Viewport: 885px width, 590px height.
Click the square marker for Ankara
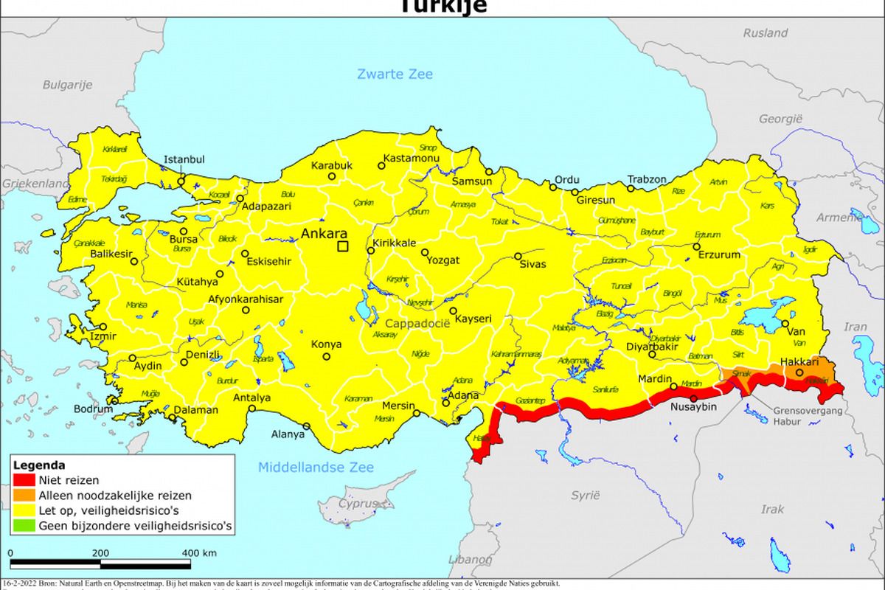click(342, 246)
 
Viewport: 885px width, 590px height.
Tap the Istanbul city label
click(184, 159)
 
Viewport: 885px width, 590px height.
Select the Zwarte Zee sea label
click(395, 74)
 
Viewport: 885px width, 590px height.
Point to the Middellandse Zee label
click(316, 467)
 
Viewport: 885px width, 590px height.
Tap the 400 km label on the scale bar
click(198, 552)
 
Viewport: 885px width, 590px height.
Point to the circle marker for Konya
click(327, 357)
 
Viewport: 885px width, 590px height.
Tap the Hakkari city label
click(799, 361)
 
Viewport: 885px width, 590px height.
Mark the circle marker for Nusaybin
click(693, 398)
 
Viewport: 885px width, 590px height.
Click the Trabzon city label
click(646, 179)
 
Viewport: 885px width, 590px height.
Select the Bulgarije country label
click(67, 85)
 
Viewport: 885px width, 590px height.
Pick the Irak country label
click(772, 509)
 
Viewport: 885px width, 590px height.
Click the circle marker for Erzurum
click(696, 246)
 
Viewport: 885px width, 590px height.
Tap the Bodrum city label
click(93, 409)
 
